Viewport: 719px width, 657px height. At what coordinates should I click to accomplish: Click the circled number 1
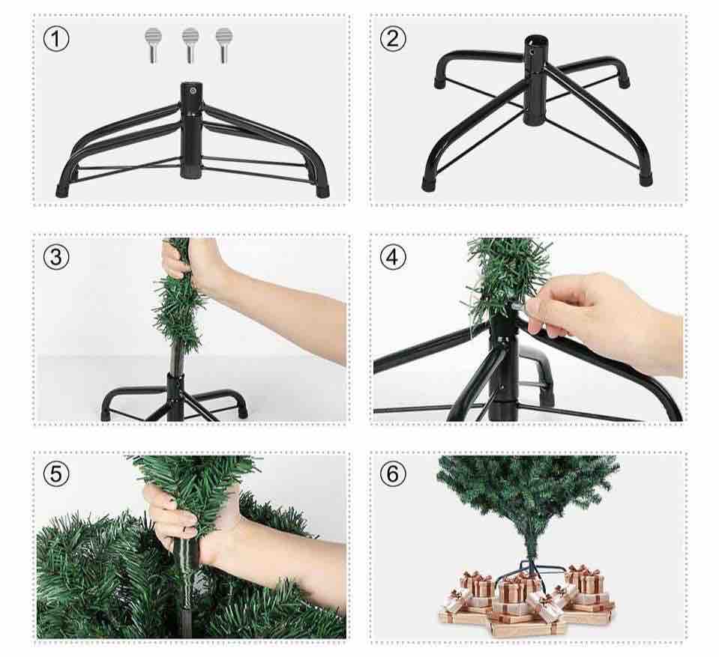pyautogui.click(x=56, y=38)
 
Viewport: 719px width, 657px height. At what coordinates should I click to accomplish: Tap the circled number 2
pyautogui.click(x=393, y=38)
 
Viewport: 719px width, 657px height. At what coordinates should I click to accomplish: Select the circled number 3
pyautogui.click(x=56, y=256)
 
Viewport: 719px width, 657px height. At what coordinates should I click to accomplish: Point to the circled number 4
pyautogui.click(x=393, y=256)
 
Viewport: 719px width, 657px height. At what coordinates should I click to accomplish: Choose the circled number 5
pyautogui.click(x=56, y=473)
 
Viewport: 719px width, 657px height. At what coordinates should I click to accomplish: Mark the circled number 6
pyautogui.click(x=393, y=473)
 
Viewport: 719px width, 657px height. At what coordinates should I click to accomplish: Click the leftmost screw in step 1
pyautogui.click(x=153, y=45)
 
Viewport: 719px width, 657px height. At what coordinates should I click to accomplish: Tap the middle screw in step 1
pyautogui.click(x=190, y=45)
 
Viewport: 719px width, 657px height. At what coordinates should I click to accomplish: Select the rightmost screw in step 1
pyautogui.click(x=223, y=45)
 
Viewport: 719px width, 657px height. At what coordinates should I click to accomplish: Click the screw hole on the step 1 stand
pyautogui.click(x=193, y=91)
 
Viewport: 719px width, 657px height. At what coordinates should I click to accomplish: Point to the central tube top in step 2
pyautogui.click(x=536, y=40)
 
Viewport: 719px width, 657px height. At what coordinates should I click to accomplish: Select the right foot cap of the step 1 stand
pyautogui.click(x=323, y=190)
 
